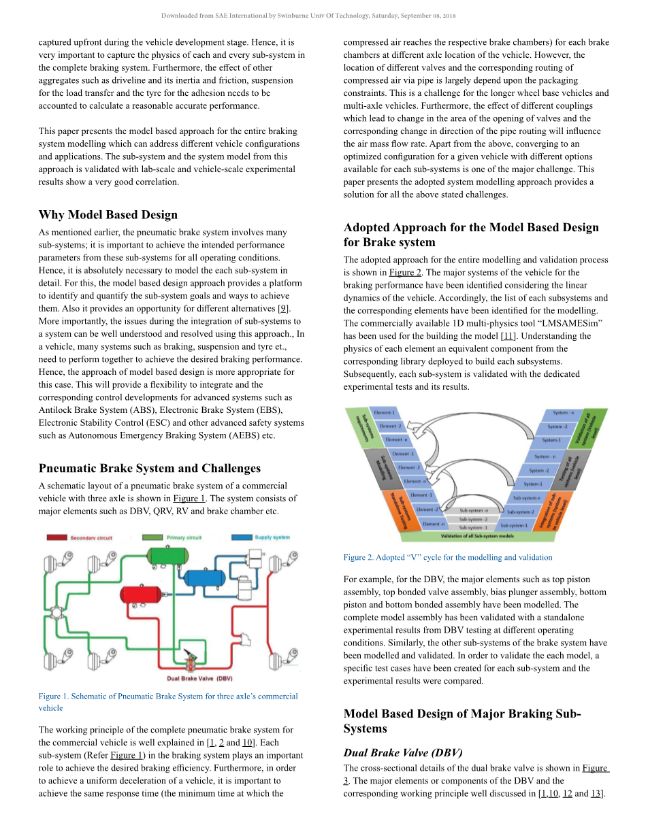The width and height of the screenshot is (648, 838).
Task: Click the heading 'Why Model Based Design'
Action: click(x=108, y=215)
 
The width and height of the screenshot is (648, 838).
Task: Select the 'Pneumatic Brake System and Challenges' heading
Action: click(x=149, y=468)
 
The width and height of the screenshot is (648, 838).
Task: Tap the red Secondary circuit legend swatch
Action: click(x=56, y=538)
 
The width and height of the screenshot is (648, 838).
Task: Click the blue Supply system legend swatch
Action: click(x=242, y=537)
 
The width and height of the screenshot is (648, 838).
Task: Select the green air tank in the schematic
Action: click(x=169, y=554)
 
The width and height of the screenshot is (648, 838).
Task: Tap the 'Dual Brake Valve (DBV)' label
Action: click(x=199, y=678)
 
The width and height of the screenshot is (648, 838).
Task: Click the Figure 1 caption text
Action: click(x=167, y=702)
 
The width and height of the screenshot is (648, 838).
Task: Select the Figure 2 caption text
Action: click(x=448, y=557)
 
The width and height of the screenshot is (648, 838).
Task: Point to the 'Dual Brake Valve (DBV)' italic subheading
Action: click(x=402, y=753)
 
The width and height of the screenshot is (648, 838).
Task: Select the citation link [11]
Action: click(x=508, y=336)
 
